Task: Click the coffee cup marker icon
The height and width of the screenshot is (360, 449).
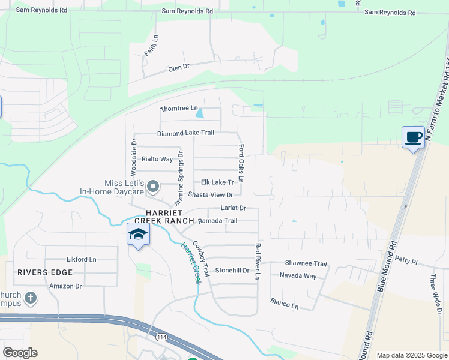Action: coord(413,137)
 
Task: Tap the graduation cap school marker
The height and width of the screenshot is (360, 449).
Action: coord(137,234)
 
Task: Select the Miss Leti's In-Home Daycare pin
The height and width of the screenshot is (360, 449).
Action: coord(152,187)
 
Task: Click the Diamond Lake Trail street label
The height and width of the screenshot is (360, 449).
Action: coord(185,133)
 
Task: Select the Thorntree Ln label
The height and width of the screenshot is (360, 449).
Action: coord(179,109)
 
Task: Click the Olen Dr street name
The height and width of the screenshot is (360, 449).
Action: coord(179,68)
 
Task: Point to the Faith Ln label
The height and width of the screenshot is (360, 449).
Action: coord(151,46)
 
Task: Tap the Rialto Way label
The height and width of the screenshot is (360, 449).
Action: coord(157,159)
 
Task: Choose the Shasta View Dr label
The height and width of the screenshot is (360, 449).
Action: coord(211,194)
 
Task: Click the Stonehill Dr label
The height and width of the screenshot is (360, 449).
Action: coord(232,271)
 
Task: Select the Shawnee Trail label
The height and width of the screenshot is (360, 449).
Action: coord(306,263)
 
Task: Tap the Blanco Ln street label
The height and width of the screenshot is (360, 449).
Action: coord(284,303)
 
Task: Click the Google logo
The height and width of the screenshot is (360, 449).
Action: coord(20,353)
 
